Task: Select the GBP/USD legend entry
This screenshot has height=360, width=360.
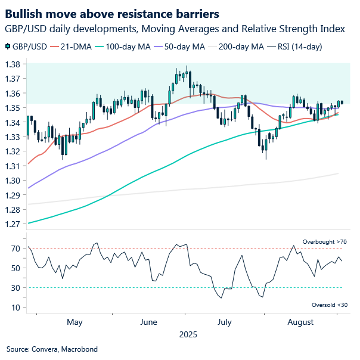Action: click(x=27, y=46)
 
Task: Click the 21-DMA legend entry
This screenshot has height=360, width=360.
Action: click(x=75, y=46)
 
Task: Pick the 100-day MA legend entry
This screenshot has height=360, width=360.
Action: click(x=131, y=46)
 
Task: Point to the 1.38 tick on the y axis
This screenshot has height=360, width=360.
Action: click(x=14, y=64)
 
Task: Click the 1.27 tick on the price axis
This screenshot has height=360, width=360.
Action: click(x=14, y=224)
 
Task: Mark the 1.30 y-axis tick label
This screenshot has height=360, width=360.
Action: click(x=14, y=181)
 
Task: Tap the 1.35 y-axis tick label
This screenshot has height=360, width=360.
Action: click(x=14, y=108)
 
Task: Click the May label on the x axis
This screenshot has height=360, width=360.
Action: click(x=75, y=322)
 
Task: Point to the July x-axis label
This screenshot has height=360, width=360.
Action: click(x=224, y=322)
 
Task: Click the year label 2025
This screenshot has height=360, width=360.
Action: click(x=188, y=335)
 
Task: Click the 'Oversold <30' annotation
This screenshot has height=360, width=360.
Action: click(x=328, y=305)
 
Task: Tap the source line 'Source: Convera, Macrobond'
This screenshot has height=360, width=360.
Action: click(x=52, y=349)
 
